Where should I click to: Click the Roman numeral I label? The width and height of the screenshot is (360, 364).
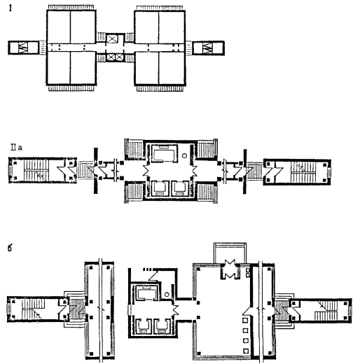click(11, 8)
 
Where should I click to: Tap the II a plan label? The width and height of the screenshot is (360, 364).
click(16, 148)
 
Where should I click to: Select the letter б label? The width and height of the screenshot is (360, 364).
click(10, 248)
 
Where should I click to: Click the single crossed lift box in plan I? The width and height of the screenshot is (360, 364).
click(112, 38)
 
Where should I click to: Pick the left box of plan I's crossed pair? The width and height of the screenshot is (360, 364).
click(110, 57)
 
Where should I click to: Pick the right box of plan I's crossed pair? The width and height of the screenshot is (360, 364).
click(119, 57)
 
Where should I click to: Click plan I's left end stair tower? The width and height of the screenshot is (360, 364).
click(23, 48)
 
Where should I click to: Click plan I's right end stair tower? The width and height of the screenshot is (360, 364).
click(208, 48)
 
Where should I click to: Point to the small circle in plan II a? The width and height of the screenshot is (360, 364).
click(184, 155)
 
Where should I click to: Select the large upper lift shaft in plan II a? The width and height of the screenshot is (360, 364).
click(165, 153)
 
